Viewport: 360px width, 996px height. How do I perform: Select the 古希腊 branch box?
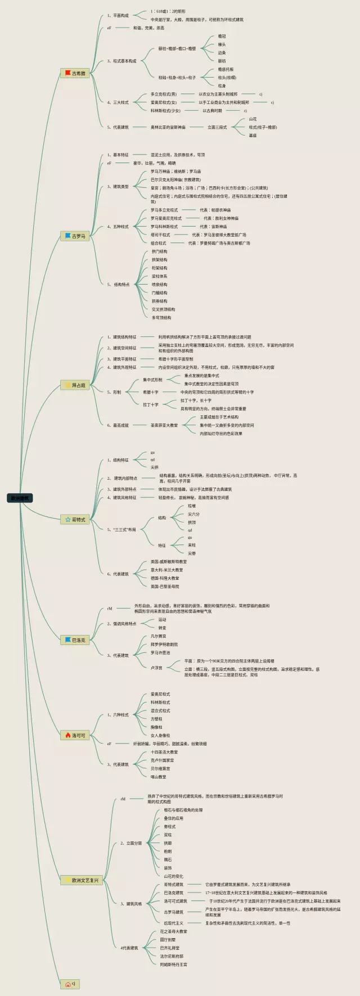click(x=75, y=73)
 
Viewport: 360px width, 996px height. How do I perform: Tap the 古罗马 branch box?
click(x=75, y=236)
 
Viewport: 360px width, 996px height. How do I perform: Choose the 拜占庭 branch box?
click(x=75, y=385)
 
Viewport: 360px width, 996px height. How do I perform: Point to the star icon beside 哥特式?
click(x=67, y=520)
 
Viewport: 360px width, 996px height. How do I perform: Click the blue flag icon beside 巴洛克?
click(x=67, y=640)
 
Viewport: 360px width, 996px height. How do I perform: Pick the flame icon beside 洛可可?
click(x=67, y=736)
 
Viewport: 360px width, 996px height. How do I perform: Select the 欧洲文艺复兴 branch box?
click(x=82, y=880)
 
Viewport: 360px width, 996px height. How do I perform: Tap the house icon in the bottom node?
click(x=67, y=984)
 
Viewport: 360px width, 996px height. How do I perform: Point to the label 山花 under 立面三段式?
click(x=253, y=119)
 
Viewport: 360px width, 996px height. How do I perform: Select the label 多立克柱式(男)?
click(x=163, y=94)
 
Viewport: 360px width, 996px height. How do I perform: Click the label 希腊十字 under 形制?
click(x=150, y=392)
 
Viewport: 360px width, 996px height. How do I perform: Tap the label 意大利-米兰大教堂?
click(x=166, y=570)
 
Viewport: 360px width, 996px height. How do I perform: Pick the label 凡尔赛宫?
click(x=158, y=636)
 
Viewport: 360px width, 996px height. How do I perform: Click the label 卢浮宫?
click(x=156, y=668)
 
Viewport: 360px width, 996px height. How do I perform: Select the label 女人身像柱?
click(x=160, y=736)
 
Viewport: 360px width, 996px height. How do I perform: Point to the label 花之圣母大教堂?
click(x=173, y=931)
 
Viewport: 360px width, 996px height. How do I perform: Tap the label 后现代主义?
click(x=173, y=923)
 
